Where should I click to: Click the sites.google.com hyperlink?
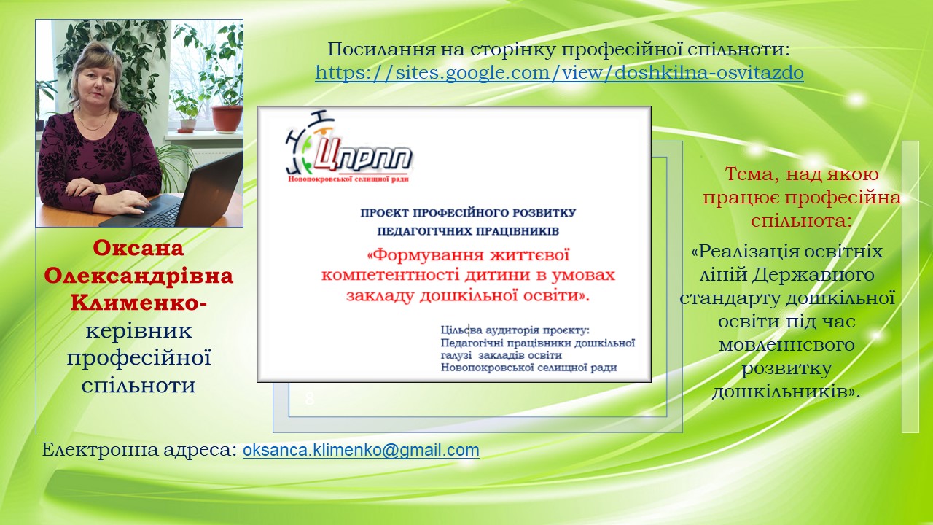pyautogui.click(x=559, y=72)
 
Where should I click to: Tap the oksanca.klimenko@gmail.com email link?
pyautogui.click(x=361, y=450)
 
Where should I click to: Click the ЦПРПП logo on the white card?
pyautogui.click(x=349, y=146)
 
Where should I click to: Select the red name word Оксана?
pyautogui.click(x=138, y=248)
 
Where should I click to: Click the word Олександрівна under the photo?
pyautogui.click(x=138, y=276)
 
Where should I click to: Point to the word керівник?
pyautogui.click(x=139, y=330)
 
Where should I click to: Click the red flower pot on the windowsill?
pyautogui.click(x=227, y=119)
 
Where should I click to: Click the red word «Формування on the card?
pyautogui.click(x=424, y=254)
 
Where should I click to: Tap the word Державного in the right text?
pyautogui.click(x=813, y=275)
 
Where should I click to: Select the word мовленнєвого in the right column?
pyautogui.click(x=786, y=345)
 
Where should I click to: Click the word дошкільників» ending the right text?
pyautogui.click(x=786, y=392)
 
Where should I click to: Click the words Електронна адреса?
pyautogui.click(x=139, y=450)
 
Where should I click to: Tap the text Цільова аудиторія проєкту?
pyautogui.click(x=515, y=330)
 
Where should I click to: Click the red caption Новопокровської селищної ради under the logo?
pyautogui.click(x=348, y=179)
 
